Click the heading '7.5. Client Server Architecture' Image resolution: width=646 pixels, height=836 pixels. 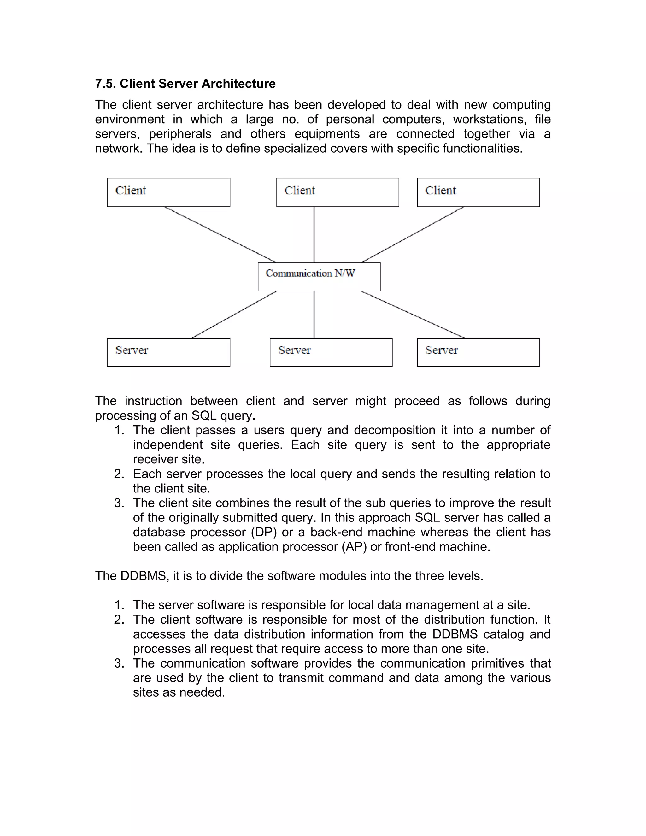(185, 84)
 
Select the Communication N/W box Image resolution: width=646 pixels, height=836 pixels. (319, 277)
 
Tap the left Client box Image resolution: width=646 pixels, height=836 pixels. (168, 192)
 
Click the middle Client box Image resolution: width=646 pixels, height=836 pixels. (338, 192)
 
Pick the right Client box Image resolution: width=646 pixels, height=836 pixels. (479, 192)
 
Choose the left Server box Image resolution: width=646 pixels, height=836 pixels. (168, 352)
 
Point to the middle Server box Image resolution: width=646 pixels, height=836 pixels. (331, 352)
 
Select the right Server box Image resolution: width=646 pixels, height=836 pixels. (479, 352)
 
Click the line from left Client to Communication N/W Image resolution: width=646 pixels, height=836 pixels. (220, 235)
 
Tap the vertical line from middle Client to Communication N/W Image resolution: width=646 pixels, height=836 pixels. (314, 235)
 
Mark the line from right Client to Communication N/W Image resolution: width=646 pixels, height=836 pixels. (413, 235)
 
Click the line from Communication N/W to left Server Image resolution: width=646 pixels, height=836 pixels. (234, 315)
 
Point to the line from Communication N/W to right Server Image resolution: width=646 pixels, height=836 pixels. (413, 315)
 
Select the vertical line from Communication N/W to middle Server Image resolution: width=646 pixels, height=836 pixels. (314, 315)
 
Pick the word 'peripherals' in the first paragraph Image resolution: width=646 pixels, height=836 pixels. (180, 134)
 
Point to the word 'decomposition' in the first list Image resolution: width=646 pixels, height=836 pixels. (394, 430)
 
